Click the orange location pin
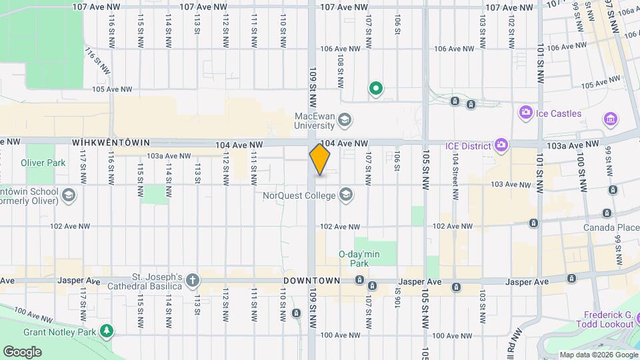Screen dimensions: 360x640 [x=320, y=159]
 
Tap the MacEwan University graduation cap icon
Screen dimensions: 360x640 [x=345, y=121]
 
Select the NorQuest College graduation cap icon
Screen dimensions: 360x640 [x=345, y=195]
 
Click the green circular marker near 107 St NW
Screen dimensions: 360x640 [x=376, y=88]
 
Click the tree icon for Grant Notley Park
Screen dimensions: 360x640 [x=106, y=331]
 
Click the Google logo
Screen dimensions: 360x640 [x=22, y=351]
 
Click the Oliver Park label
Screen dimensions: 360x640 [x=43, y=163]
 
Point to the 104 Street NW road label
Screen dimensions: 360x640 [x=455, y=178]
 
